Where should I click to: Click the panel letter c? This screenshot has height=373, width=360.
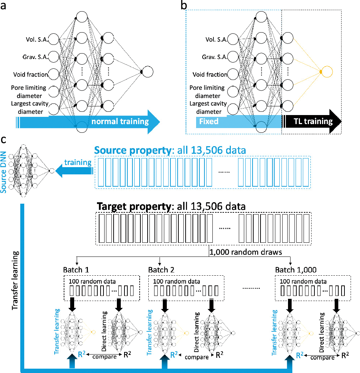(x=4, y=139)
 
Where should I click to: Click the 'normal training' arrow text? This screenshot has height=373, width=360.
(x=120, y=121)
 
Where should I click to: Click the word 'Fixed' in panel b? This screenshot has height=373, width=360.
(x=209, y=121)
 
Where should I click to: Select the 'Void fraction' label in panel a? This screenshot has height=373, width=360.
(x=31, y=75)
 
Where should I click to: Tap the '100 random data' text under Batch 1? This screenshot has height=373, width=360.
(x=86, y=281)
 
